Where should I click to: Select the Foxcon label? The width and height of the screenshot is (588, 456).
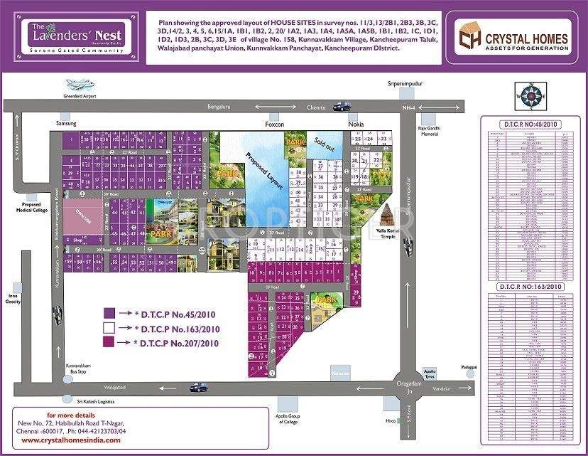click(274, 124)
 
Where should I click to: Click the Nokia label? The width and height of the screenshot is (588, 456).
click(356, 124)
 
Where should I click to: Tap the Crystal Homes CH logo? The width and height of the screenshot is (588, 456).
click(469, 36)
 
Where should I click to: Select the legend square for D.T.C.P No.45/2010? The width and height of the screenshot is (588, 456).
click(109, 313)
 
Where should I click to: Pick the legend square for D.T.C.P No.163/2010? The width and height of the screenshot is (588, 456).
click(109, 328)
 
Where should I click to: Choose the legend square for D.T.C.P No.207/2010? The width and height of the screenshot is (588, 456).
click(109, 343)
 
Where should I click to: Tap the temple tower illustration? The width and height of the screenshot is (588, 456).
click(388, 215)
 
